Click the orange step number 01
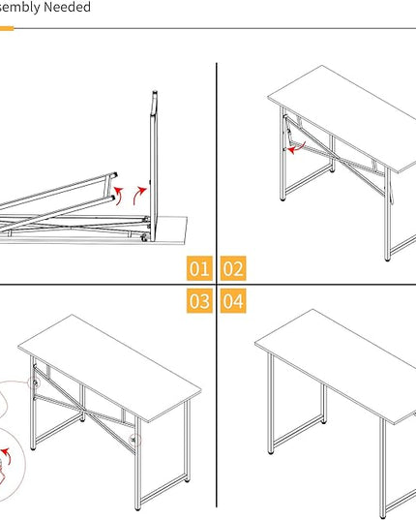coord(199,268)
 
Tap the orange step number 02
coord(233,268)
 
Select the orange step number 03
coord(199,301)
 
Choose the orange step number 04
coord(233,301)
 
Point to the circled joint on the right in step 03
coord(134,440)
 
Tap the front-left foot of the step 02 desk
coord(282,198)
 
